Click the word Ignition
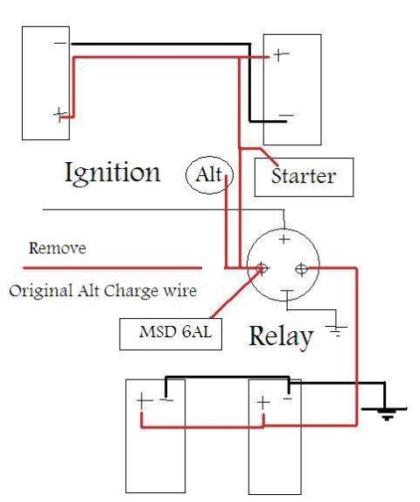(113, 173)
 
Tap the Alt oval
(186, 175)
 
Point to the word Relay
(281, 337)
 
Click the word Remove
(58, 248)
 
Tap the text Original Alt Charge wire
(102, 291)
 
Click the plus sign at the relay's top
(284, 239)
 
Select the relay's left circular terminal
(262, 268)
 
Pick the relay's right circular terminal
(301, 269)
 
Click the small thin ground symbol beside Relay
(336, 330)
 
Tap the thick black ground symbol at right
(384, 413)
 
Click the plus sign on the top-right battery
(280, 54)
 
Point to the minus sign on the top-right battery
(286, 116)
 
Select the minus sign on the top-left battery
(59, 43)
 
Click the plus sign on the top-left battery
(59, 115)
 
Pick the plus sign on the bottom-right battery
(263, 402)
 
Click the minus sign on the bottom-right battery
(287, 399)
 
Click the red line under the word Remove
(113, 268)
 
